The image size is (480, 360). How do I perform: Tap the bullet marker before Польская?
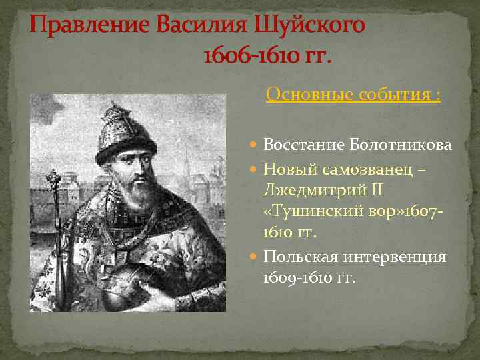pos(255,257)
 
